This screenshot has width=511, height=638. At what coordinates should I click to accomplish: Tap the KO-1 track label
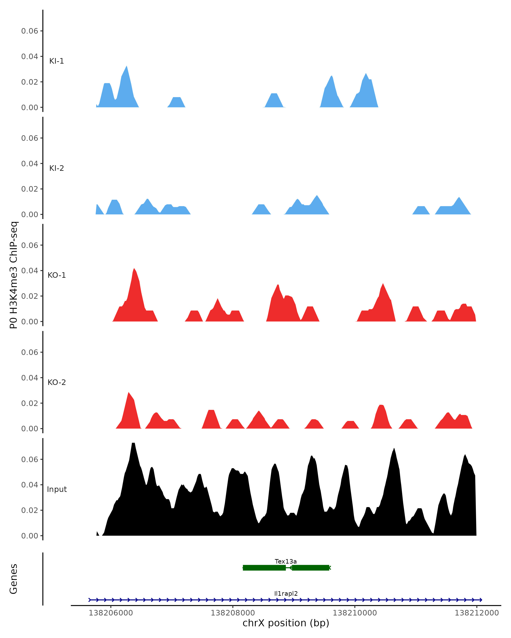pyautogui.click(x=57, y=275)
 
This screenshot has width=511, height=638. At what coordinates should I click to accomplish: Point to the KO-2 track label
pyautogui.click(x=57, y=382)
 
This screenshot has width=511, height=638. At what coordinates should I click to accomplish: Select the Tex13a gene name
pyautogui.click(x=286, y=561)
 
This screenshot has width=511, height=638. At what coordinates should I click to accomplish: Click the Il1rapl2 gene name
pyautogui.click(x=286, y=593)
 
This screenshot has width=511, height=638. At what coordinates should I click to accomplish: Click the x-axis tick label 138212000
pyautogui.click(x=477, y=613)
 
